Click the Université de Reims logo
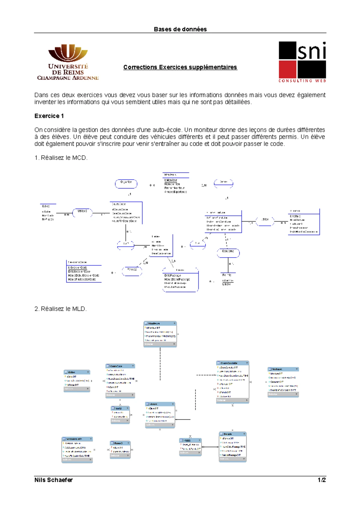pos(68,62)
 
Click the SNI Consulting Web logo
pos(302,62)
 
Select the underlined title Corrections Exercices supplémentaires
pos(180,67)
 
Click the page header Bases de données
pos(180,29)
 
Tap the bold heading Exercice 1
pos(49,116)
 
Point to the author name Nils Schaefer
pos(53,480)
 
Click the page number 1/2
pos(322,480)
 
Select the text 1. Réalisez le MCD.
pos(61,158)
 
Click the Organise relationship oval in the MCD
pos(126,183)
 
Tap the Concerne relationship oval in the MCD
pos(228,253)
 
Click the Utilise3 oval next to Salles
pos(82,213)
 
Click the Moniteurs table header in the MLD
pos(160,323)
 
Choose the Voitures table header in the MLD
pos(283,369)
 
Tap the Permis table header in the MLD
pos(232,434)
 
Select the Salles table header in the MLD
pos(77,372)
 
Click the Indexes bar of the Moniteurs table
pos(160,344)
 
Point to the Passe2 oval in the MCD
pos(132,271)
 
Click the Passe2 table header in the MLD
pos(120,443)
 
